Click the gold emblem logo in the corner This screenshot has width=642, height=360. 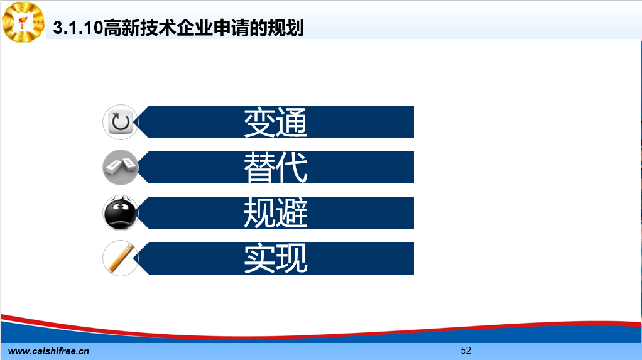(x=23, y=22)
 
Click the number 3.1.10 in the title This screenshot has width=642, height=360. (x=78, y=28)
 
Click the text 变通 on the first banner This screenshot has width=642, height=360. (x=276, y=122)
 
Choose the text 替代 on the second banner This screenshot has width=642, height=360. (x=276, y=168)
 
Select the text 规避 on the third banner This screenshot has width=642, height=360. (x=276, y=213)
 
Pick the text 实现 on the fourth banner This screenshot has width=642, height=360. (x=276, y=258)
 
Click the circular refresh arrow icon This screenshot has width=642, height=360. (x=121, y=122)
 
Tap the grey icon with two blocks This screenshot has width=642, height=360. (x=121, y=168)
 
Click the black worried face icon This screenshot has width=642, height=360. (x=121, y=213)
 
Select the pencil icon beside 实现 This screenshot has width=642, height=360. (x=121, y=258)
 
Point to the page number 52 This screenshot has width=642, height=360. (x=466, y=351)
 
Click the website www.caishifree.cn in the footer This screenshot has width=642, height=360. (x=49, y=351)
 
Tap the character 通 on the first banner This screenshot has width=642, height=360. (x=291, y=122)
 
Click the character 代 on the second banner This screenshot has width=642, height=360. (x=291, y=168)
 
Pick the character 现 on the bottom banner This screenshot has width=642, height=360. (x=291, y=258)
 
